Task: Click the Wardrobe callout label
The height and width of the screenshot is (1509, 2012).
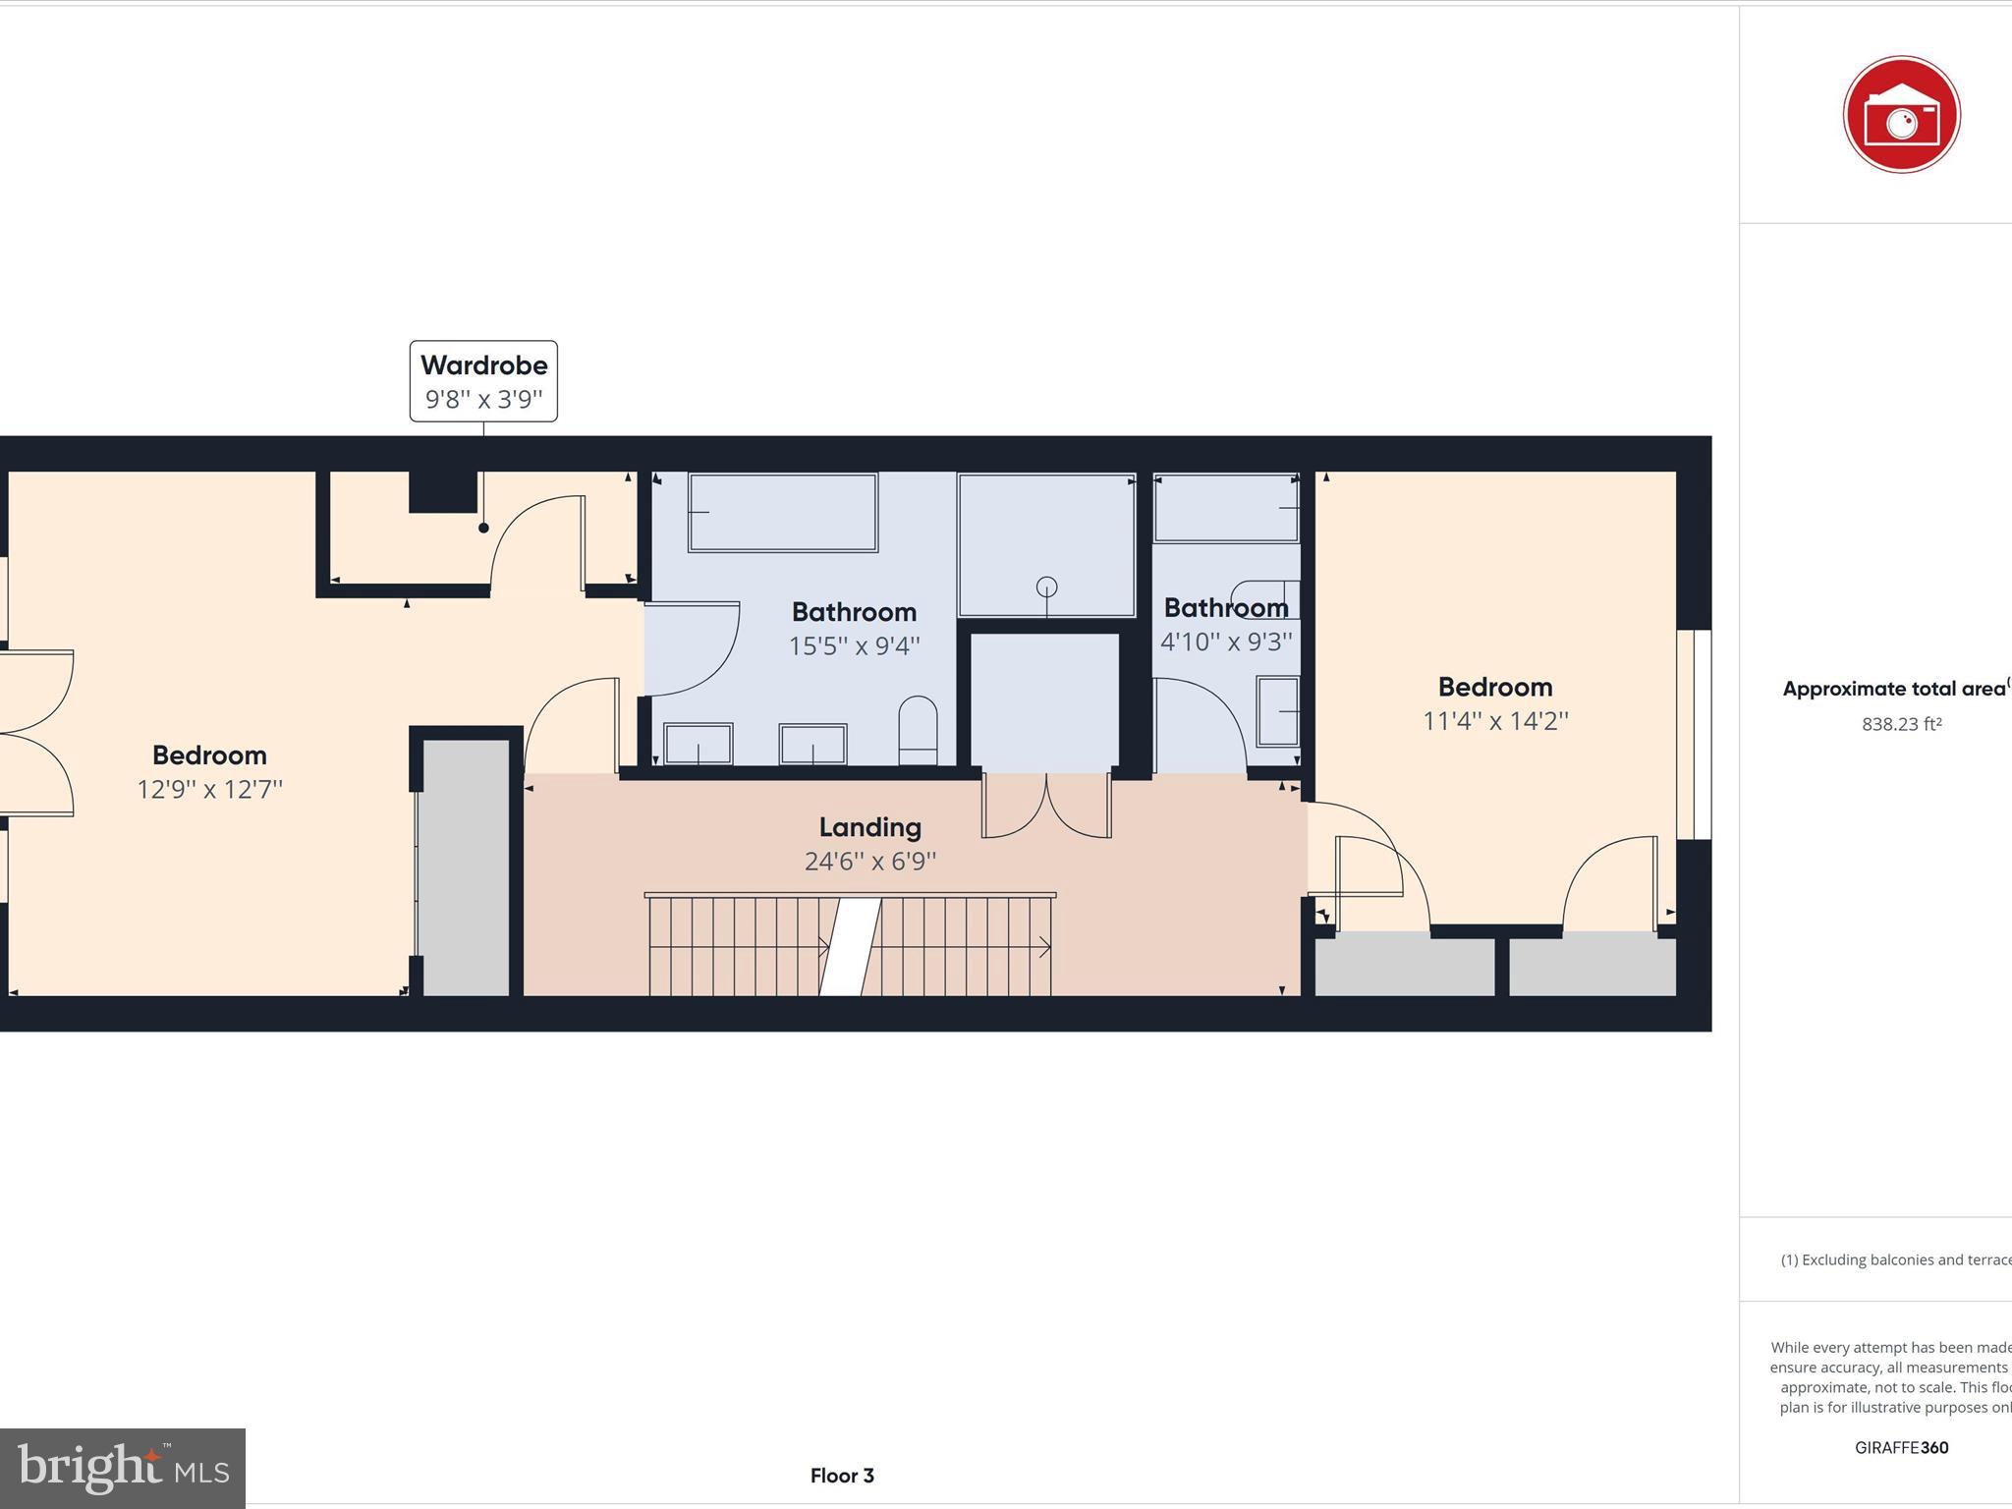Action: (483, 381)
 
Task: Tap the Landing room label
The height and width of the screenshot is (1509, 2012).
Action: (869, 827)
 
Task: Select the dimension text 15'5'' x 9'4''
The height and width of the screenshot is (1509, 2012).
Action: (854, 645)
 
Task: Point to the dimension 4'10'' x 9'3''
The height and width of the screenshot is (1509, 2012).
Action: (1226, 642)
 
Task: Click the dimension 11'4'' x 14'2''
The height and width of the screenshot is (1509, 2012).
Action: (1495, 721)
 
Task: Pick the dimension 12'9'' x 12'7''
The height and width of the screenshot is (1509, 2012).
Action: (209, 789)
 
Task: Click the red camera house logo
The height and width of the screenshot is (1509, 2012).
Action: (1901, 115)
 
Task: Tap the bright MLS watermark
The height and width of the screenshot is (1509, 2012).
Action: (123, 1468)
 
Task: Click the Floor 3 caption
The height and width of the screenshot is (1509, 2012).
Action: (842, 1476)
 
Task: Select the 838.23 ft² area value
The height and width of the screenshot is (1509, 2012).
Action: (1901, 724)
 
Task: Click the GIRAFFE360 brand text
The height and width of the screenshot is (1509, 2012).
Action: (1901, 1447)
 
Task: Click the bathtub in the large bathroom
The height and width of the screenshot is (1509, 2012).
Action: (783, 512)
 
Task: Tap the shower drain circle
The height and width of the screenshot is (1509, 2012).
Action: (1046, 587)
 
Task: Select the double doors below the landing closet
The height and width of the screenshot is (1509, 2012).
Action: (1046, 806)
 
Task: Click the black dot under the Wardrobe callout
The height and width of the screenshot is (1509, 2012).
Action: (483, 528)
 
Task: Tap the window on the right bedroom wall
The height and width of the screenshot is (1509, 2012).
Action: (1694, 734)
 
